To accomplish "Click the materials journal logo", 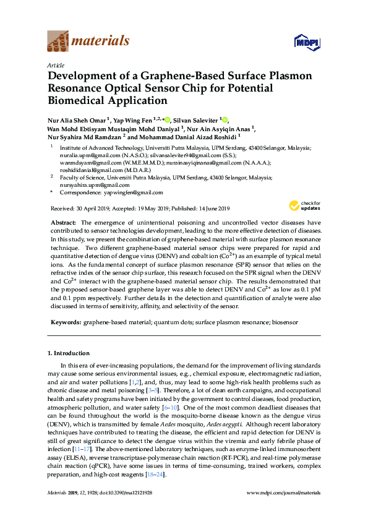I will (88, 41).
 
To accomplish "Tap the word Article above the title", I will (56, 64).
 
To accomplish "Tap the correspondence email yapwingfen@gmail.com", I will (133, 193).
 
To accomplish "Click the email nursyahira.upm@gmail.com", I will (95, 185).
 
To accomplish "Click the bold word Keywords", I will (65, 322).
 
